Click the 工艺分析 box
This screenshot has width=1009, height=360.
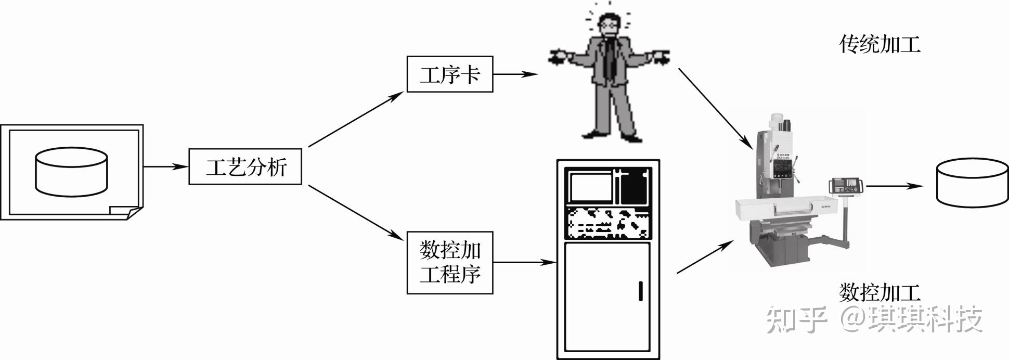[245, 167]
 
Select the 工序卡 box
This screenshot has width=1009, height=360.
[449, 74]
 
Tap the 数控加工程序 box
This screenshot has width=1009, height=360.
[449, 262]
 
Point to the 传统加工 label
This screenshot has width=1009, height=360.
[879, 45]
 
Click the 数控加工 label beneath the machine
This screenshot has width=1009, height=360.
[879, 292]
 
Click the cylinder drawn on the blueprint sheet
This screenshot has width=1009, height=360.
[71, 172]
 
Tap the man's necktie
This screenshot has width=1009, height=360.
[611, 60]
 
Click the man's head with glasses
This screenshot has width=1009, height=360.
[608, 24]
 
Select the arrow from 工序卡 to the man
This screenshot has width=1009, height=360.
[515, 74]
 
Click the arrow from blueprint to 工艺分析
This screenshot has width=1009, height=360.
[165, 167]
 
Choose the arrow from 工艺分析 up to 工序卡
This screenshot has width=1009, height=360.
[356, 119]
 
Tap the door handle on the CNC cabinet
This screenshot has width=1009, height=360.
[640, 291]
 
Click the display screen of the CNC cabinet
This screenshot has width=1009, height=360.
[591, 187]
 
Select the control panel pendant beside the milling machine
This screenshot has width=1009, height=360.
[845, 186]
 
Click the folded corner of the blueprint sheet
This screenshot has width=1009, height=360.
[123, 212]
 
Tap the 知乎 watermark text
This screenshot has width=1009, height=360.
[796, 319]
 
